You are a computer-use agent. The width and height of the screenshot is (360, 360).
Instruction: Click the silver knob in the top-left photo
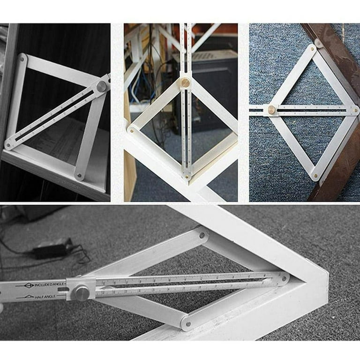(101, 86)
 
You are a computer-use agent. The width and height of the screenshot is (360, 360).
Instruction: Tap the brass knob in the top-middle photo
(186, 83)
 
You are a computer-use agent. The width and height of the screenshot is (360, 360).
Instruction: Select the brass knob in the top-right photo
(271, 110)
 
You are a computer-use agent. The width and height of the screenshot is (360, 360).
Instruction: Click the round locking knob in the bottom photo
(82, 293)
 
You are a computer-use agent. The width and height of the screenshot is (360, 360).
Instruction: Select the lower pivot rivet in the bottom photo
(187, 323)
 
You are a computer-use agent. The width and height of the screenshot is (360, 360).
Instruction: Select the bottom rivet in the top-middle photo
(187, 177)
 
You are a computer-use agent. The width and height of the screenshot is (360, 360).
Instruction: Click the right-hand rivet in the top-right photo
(355, 111)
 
